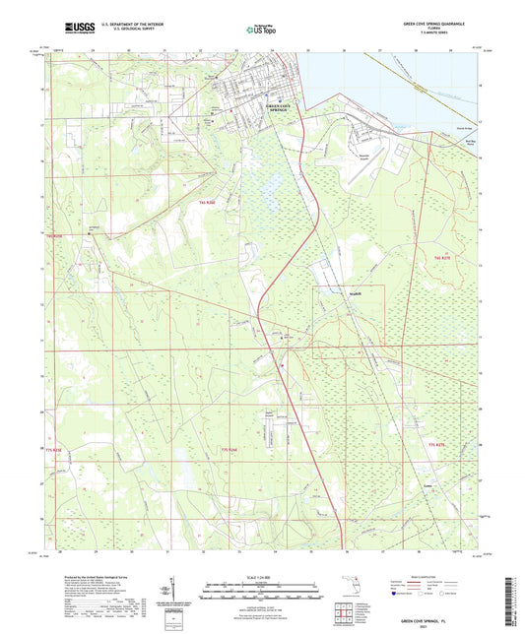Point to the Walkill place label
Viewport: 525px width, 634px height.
(x=328, y=292)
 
